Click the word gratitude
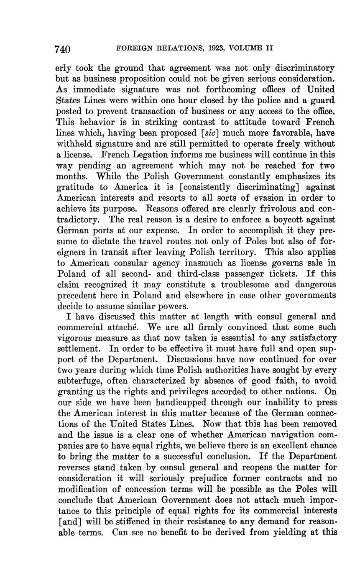(x=74, y=187)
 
